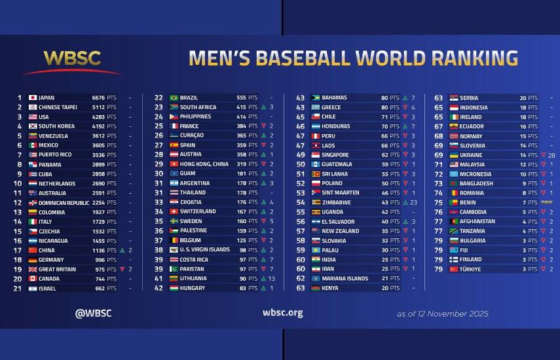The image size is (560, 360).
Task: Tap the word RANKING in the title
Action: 466,58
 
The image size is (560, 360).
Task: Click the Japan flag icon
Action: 33,98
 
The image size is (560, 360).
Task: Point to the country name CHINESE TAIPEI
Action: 60,107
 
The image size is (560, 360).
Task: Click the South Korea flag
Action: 33,126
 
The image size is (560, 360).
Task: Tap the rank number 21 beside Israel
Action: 18,289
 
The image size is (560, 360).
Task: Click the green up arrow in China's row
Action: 122,251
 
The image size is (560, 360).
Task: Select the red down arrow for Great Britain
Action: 122,270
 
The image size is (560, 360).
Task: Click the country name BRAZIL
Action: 189,98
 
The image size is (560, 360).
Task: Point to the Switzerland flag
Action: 174,212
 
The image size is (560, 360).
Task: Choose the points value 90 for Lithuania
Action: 242,279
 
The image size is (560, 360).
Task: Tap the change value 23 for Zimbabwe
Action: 413,203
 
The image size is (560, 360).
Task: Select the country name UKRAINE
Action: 471,155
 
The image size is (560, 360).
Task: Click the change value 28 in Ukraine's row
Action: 552,155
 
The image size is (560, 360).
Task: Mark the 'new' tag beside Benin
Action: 546,203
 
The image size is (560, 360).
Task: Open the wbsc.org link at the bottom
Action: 282,313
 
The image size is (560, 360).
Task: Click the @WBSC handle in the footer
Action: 94,313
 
